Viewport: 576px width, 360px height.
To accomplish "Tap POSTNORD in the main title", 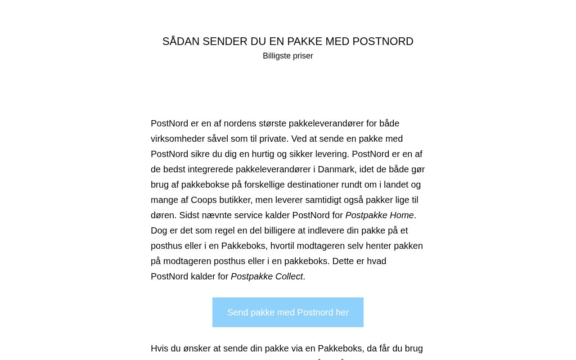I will pos(383,41).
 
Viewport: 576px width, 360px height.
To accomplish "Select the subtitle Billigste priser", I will pos(288,56).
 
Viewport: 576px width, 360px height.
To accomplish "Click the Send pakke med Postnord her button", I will pos(288,312).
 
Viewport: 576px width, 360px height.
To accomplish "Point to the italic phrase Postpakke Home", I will pos(379,215).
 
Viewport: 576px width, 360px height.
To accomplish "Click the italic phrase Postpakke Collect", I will pos(267,276).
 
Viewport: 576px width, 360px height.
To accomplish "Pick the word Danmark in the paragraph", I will pos(336,169).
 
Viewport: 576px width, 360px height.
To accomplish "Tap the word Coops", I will pos(203,200).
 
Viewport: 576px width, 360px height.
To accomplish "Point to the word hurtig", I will pos(263,154).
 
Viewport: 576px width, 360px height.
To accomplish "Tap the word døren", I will pos(163,215).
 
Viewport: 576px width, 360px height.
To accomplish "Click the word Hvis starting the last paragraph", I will pos(159,348).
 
